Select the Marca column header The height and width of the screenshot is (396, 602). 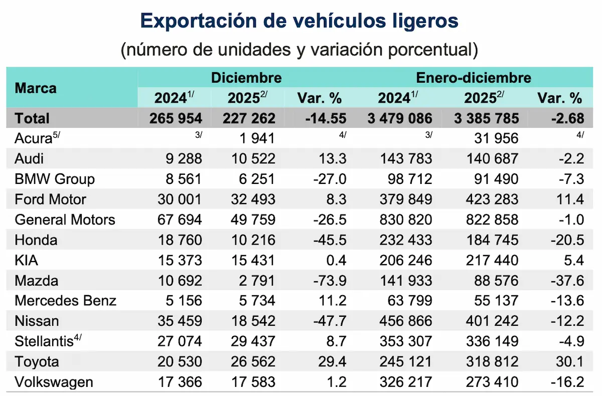coord(36,88)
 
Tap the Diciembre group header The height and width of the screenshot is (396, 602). coord(246,78)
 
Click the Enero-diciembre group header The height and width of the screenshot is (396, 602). coord(473,78)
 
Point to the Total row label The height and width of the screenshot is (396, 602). coord(32,118)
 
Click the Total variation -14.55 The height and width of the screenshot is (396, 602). coord(327,118)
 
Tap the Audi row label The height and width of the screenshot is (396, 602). coord(29,159)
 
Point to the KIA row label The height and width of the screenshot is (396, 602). coord(27,260)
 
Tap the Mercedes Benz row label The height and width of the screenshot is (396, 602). coord(65,301)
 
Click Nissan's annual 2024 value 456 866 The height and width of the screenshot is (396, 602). coord(405,321)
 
